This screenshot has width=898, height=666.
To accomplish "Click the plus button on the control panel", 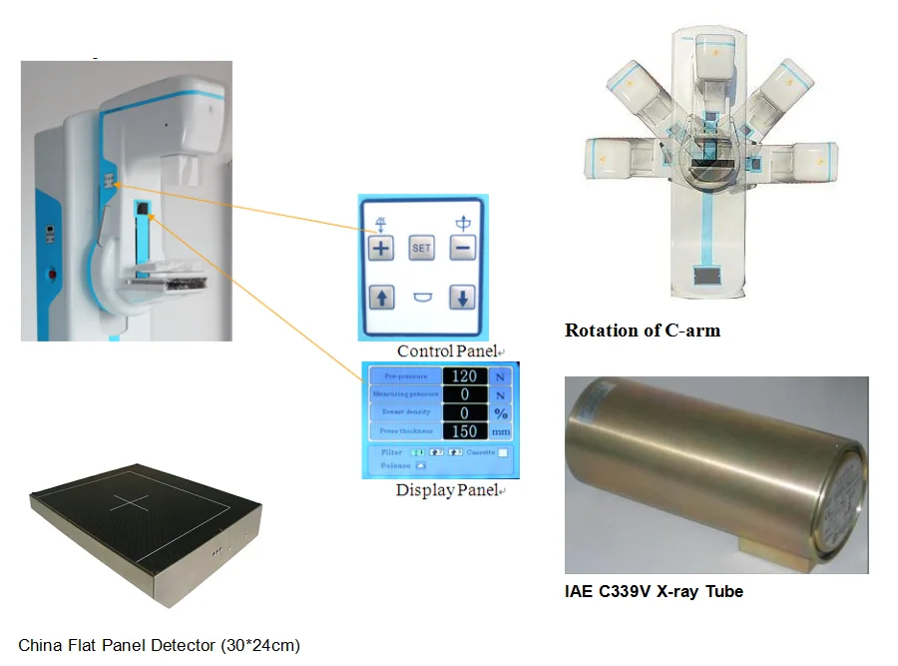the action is pos(381,248).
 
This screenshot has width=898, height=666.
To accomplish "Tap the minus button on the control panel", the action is pos(461,248).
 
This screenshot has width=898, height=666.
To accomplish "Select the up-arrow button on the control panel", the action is pos(381,297).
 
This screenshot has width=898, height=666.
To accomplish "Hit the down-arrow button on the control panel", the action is pos(461,297).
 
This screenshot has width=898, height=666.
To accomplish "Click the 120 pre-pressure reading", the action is pos(464,376).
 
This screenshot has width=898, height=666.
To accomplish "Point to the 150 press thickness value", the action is pos(464,431).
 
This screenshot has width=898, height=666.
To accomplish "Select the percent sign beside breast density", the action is pos(501,413).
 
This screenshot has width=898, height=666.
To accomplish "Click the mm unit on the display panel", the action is pos(501,431).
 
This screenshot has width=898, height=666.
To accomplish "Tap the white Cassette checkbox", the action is pos(503,453).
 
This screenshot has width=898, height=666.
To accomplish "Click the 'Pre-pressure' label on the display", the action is pos(406,376).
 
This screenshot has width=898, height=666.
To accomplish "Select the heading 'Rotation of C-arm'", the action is pos(642,331).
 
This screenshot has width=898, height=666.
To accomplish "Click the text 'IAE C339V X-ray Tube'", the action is pos(654,591).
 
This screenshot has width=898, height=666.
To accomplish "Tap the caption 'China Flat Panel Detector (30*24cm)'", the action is pos(159,644).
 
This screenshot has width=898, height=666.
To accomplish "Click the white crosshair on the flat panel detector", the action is pos(130,502).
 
